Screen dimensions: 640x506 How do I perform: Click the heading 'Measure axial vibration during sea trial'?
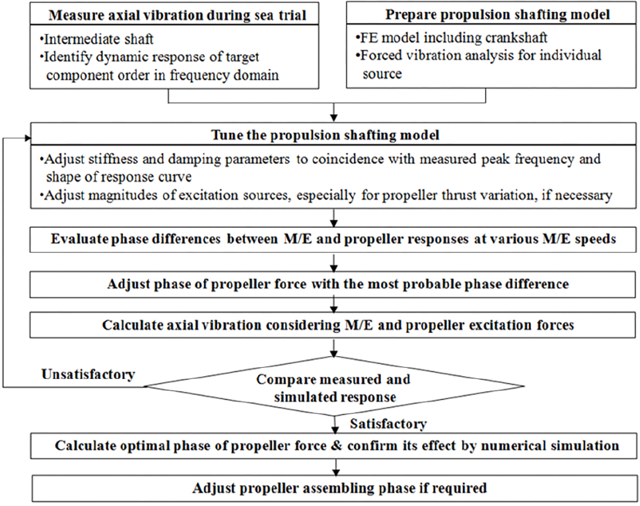tap(177, 15)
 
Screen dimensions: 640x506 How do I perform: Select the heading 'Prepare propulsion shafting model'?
tap(498, 14)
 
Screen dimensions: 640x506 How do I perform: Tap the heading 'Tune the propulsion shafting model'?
tap(325, 135)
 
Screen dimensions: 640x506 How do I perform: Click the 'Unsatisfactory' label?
tap(88, 374)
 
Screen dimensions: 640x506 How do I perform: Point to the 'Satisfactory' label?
tap(388, 424)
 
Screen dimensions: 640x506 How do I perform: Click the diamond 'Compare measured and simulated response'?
tap(335, 386)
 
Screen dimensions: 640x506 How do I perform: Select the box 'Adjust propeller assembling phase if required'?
tap(334, 488)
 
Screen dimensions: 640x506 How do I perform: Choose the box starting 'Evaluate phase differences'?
tap(333, 239)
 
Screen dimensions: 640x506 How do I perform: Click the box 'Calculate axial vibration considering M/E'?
tap(333, 325)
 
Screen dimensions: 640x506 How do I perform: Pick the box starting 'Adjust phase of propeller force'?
tap(333, 284)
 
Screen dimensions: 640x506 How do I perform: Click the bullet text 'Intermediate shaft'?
tap(97, 39)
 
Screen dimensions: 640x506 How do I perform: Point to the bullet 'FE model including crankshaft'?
tap(452, 37)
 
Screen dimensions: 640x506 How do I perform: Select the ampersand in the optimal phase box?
tap(336, 446)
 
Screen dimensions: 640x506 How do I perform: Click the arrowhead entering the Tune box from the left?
tap(28, 138)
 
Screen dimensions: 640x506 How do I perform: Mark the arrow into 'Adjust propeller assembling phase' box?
tap(336, 467)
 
